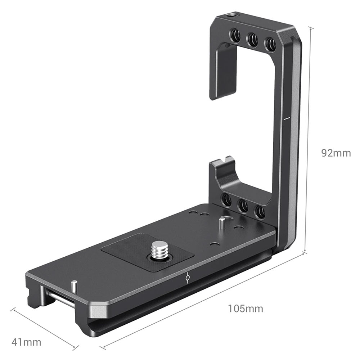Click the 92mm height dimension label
click(336, 153)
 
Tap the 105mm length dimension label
click(246, 309)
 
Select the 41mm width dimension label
click(26, 342)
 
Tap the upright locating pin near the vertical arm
click(222, 222)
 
